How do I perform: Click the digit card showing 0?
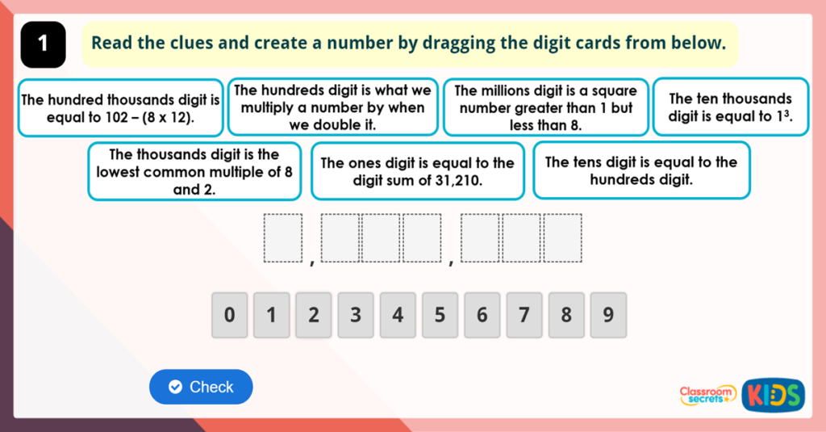[x=230, y=315]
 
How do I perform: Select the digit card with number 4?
[x=398, y=315]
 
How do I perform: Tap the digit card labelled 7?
[x=524, y=315]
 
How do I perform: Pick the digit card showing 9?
[x=608, y=315]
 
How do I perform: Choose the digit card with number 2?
[x=314, y=315]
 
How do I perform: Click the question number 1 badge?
[x=42, y=44]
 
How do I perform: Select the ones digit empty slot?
[x=563, y=238]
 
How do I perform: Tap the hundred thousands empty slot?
[x=340, y=238]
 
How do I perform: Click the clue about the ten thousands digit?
[x=730, y=107]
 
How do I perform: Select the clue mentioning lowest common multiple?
[x=194, y=171]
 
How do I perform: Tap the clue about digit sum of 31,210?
[x=417, y=171]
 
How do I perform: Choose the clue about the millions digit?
[x=545, y=107]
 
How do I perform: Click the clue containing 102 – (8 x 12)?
[x=120, y=107]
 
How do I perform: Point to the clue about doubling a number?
[x=332, y=107]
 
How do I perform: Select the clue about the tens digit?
[x=641, y=171]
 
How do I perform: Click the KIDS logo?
[x=774, y=393]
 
